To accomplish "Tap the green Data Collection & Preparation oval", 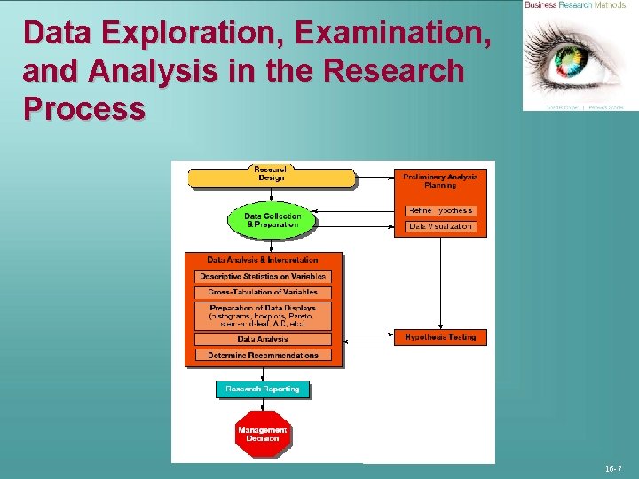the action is [x=272, y=220].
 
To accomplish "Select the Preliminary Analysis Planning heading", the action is [x=440, y=181].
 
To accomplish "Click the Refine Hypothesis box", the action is [x=440, y=211].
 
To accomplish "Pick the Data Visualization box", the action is [x=440, y=227].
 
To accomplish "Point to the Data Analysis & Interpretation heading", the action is [x=263, y=260].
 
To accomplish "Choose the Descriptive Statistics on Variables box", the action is [x=263, y=277].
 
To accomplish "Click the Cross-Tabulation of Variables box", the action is [x=263, y=292].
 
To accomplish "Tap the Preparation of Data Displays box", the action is [x=263, y=316].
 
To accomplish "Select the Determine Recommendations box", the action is [x=263, y=355].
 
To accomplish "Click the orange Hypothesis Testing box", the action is [x=440, y=337].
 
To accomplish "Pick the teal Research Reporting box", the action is [x=263, y=389].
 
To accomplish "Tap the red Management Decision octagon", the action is [x=263, y=434].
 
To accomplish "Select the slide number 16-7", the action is [x=613, y=467].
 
